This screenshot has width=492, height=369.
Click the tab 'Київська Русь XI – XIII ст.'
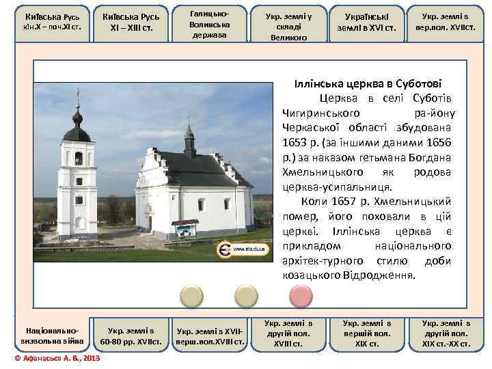130,23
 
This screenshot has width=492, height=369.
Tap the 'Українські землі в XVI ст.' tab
371,23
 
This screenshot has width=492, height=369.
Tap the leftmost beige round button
191,295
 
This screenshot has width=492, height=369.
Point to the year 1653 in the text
295,143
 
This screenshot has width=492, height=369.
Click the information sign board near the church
185,228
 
